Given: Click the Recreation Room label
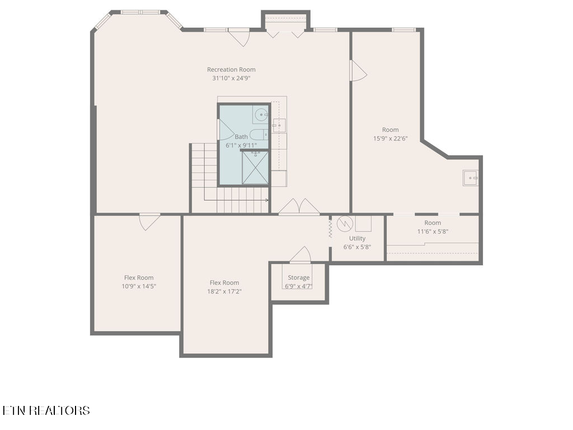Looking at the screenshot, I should tap(231, 69).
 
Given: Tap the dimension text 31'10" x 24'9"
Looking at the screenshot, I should tap(231, 78).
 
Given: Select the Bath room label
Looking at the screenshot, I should tap(241, 137).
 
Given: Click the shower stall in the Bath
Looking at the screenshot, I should tap(255, 167).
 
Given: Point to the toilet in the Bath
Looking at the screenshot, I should tap(259, 134).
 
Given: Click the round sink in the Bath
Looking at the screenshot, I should tap(261, 115).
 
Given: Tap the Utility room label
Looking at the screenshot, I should tap(357, 238).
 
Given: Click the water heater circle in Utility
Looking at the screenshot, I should tap(345, 223).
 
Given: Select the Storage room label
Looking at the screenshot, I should tap(299, 278).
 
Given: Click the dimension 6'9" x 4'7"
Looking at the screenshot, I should tap(299, 286).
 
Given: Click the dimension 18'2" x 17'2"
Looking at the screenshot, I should tap(224, 291).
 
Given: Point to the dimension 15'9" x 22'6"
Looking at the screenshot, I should tap(391, 138).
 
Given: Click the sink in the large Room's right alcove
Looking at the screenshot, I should tap(471, 178).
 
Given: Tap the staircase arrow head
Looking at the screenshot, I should tap(266, 200).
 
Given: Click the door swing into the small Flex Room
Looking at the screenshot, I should tap(149, 221).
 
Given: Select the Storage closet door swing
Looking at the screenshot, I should tap(300, 255).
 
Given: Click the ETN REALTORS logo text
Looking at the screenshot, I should tap(46, 410).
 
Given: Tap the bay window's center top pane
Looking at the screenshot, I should tap(140, 12).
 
